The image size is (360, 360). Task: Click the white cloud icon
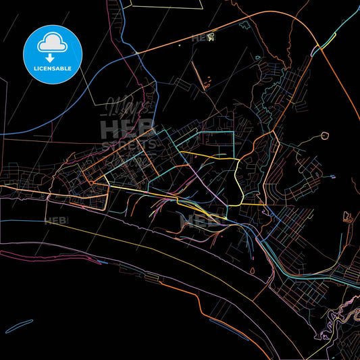pos(53,42)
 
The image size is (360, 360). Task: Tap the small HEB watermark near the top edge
pos(202,38)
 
